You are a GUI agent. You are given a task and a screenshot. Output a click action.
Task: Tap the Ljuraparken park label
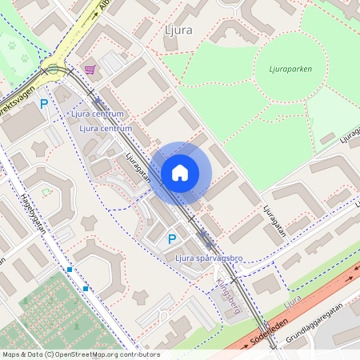click(286, 69)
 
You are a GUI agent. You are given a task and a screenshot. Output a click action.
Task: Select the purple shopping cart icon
click(90, 70)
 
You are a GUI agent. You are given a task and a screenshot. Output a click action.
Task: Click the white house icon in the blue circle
click(180, 173)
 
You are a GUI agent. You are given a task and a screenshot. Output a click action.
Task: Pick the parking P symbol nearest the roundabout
click(45, 103)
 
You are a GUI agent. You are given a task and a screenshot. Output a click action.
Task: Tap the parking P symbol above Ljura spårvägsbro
click(172, 238)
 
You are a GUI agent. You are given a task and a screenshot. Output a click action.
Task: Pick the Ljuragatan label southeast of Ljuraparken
click(274, 223)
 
